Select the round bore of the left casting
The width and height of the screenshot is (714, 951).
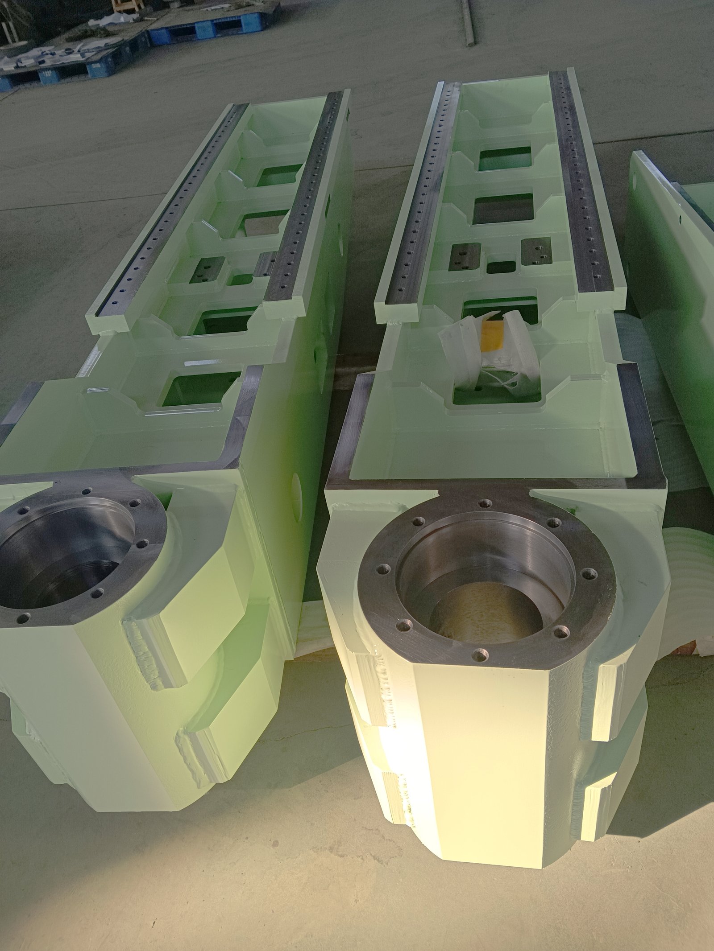click(x=67, y=562)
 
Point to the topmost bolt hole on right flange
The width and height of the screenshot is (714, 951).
click(x=484, y=503)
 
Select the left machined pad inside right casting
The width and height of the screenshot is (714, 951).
click(x=465, y=257)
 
